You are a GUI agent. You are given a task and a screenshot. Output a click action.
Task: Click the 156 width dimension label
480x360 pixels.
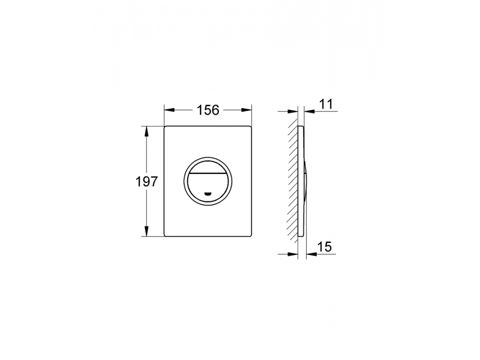[x=208, y=110]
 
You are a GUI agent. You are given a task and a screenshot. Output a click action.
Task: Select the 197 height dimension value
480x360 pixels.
[x=146, y=182]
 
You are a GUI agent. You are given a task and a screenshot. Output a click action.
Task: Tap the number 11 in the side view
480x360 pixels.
[x=326, y=104]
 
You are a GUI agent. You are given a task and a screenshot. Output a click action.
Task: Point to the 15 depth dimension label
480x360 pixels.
[x=325, y=247]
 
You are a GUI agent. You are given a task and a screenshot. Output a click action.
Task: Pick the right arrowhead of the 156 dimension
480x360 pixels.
[x=247, y=110]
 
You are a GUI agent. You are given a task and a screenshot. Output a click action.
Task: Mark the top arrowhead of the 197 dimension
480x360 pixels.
[x=146, y=131]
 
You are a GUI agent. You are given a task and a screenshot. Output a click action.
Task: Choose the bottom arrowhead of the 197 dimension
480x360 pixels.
[x=146, y=231]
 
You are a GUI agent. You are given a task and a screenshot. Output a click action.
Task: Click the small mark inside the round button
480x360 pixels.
[x=208, y=194]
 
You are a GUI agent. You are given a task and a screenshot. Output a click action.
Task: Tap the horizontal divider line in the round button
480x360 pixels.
[x=208, y=173]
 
